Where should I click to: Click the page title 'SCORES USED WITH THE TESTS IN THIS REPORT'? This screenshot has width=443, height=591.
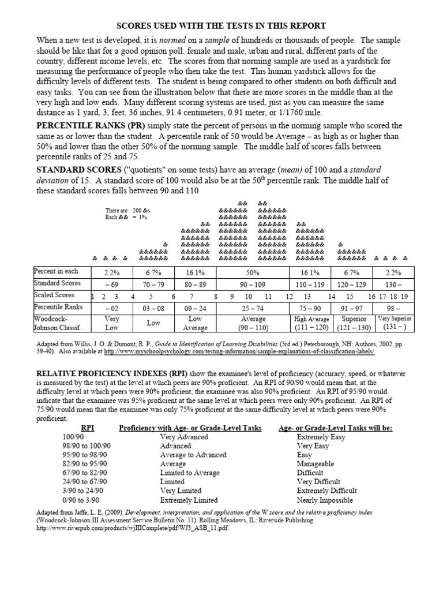click(221, 26)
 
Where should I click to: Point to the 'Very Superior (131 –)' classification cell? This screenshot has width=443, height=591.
click(393, 323)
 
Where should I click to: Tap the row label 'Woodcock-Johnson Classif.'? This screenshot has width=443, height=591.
click(55, 323)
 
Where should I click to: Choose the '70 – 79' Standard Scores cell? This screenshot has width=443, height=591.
click(153, 284)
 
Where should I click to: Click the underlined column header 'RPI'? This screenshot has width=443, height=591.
click(88, 428)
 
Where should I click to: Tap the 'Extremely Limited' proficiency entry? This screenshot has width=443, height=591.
click(189, 500)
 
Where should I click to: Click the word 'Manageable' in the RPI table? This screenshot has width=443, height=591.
click(316, 463)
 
